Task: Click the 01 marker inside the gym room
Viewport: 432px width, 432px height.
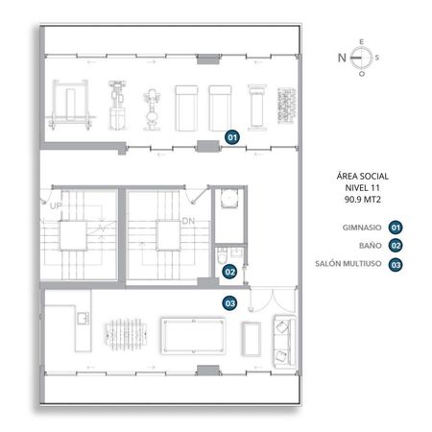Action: (232, 137)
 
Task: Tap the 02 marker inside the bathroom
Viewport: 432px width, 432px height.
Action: (230, 272)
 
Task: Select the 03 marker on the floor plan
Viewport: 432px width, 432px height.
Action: (230, 303)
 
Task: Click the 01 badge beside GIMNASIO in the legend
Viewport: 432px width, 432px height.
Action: (396, 228)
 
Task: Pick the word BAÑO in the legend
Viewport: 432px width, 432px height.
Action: (371, 246)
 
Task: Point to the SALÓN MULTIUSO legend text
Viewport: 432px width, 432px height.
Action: (348, 264)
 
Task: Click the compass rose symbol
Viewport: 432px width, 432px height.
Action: (361, 58)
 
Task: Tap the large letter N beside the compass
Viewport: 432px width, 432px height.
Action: (342, 58)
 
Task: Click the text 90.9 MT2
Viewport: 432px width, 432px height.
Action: (363, 200)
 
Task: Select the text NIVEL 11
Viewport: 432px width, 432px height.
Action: (363, 188)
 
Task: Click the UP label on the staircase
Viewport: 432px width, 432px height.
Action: (56, 205)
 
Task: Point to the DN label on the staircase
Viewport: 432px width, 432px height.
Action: (188, 221)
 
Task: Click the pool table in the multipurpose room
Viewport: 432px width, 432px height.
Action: (193, 336)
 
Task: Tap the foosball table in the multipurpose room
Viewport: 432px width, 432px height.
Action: (126, 334)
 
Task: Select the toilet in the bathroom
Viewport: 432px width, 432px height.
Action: (222, 255)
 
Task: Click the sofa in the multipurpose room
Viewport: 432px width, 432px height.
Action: (284, 342)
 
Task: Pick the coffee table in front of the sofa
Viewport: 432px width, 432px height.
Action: (252, 339)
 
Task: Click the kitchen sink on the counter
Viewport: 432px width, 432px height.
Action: (83, 319)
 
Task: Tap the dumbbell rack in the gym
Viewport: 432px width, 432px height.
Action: (286, 106)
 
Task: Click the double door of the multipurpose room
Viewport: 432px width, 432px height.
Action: (273, 300)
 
